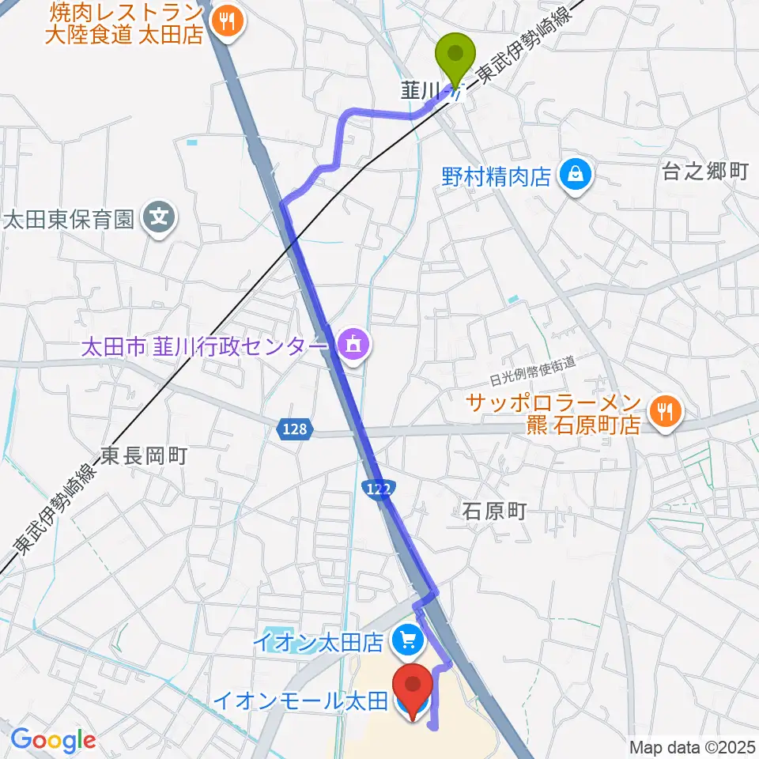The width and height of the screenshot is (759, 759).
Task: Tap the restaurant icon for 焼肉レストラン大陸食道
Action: tap(228, 21)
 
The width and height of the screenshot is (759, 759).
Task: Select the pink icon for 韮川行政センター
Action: tap(350, 344)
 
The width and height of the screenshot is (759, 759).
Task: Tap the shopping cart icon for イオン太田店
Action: tap(407, 640)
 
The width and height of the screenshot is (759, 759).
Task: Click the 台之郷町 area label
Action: tap(705, 172)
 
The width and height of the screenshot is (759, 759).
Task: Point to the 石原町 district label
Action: tap(494, 512)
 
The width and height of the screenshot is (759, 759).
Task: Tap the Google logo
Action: tap(53, 739)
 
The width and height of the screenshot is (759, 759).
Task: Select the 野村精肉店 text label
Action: tap(497, 176)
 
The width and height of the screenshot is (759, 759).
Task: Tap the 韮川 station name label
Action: tap(419, 92)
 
